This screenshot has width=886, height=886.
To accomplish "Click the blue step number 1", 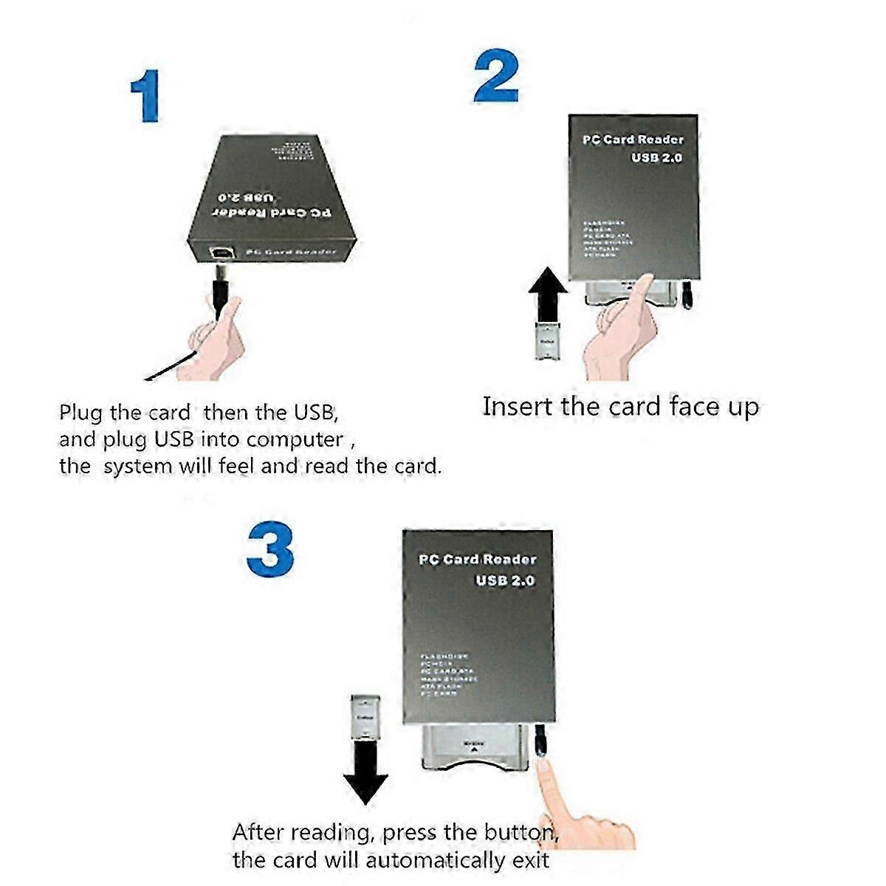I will click(146, 95).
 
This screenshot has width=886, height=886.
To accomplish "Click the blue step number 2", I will click(495, 76).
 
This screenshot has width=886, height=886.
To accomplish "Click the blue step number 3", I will click(270, 550).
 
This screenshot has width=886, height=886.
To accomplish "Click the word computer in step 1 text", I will click(295, 440).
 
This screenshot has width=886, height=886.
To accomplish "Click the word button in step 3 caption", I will click(521, 833).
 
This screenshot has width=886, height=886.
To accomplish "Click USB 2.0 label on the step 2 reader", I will click(656, 158).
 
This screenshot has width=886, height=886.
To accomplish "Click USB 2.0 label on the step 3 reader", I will click(505, 580).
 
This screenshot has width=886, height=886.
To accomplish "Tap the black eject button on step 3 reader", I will click(541, 741).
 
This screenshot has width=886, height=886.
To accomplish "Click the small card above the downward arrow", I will click(366, 716).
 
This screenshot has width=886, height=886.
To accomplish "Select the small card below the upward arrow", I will click(547, 341).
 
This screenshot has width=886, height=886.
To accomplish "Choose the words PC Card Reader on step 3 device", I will click(477, 560).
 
